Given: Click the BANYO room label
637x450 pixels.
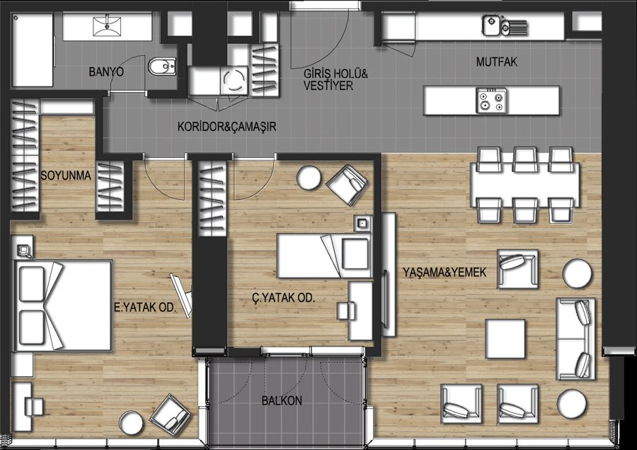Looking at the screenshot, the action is click(x=106, y=72).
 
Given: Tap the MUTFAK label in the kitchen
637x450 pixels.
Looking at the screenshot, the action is click(x=496, y=62).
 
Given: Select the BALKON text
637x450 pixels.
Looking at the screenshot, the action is click(x=282, y=401).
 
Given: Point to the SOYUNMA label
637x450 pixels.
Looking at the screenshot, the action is click(x=65, y=176).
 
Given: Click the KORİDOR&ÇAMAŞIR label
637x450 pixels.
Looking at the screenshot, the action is click(x=226, y=127).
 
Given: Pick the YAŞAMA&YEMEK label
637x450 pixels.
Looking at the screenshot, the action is click(x=444, y=272).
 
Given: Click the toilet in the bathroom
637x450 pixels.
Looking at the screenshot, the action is click(x=162, y=67).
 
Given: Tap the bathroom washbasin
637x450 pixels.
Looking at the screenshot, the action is click(x=108, y=26).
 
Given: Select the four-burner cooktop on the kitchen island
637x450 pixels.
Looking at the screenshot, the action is click(x=492, y=101).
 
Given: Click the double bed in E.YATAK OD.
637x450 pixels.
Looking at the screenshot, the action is click(x=63, y=305).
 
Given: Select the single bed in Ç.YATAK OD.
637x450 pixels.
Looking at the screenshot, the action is click(x=324, y=256).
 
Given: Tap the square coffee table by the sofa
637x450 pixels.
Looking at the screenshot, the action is click(x=505, y=339).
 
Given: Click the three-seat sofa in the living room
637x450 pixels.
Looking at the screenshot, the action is click(x=575, y=339).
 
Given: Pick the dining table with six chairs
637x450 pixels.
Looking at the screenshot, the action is click(x=525, y=185).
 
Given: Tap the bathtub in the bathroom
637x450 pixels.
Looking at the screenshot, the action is click(x=33, y=50).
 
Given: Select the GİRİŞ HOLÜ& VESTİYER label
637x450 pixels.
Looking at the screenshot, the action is click(x=335, y=80).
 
